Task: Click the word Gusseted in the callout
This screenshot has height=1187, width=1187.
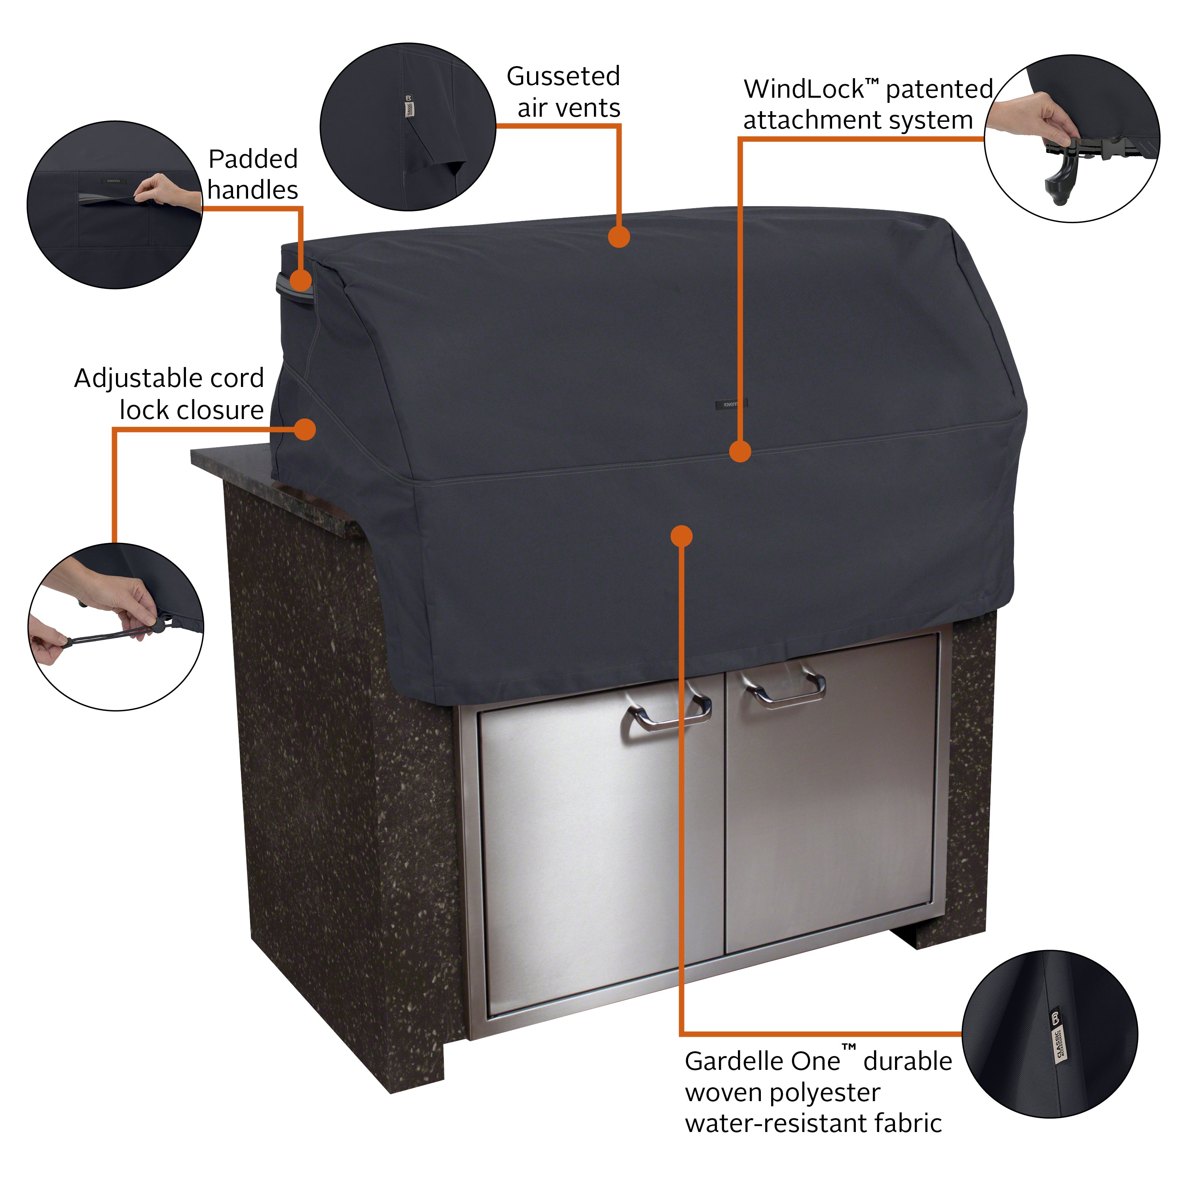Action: [563, 77]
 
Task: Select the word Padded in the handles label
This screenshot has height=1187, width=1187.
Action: [252, 159]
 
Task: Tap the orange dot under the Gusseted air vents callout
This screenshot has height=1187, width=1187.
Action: [619, 237]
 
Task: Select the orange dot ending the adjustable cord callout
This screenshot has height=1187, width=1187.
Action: [305, 429]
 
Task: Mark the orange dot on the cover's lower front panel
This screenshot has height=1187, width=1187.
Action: [681, 536]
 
